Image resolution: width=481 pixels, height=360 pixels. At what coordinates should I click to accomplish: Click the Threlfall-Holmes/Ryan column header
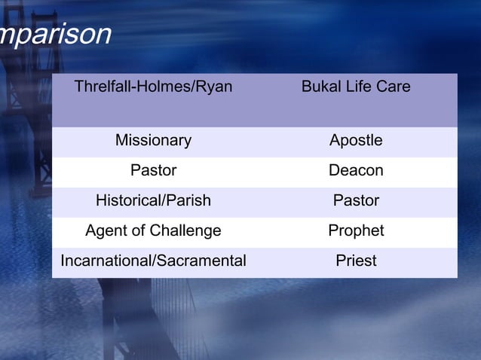(153, 87)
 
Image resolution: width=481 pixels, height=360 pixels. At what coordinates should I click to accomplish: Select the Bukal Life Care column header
(356, 87)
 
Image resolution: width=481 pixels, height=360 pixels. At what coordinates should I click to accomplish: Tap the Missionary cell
(153, 141)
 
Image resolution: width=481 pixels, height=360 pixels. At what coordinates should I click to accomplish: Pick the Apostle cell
(356, 141)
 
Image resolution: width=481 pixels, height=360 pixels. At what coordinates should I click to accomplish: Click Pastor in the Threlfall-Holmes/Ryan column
(153, 171)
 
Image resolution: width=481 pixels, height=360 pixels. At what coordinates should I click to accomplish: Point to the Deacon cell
(356, 171)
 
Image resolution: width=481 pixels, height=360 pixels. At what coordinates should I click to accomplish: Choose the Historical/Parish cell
(153, 201)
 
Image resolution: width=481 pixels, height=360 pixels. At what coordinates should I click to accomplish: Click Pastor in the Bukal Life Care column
(356, 201)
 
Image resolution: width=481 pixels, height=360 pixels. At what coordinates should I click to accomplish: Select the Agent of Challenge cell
(153, 231)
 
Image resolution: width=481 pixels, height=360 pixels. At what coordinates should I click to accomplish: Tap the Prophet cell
(356, 231)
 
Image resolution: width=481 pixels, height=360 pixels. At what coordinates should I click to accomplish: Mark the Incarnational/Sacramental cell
(153, 261)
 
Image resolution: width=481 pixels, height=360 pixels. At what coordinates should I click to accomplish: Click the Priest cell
(356, 261)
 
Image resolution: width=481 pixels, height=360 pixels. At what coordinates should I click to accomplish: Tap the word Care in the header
(394, 87)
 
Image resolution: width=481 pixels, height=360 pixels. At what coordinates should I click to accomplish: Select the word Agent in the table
(105, 231)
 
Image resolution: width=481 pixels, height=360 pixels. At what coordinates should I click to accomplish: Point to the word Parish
(189, 201)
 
